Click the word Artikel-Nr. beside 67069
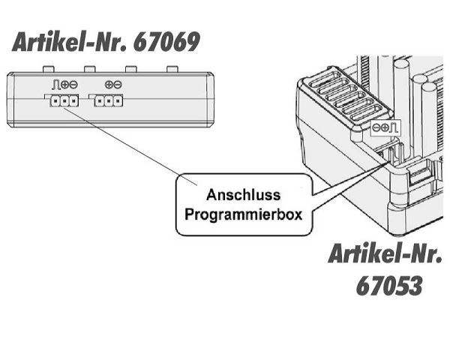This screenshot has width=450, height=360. pos(69,42)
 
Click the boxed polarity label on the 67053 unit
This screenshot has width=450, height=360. pos(387,129)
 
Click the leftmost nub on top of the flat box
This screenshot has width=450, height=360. pos(46,69)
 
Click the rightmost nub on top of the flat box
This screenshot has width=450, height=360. pos(172,69)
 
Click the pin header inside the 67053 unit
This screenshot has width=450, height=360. pos(391,154)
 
